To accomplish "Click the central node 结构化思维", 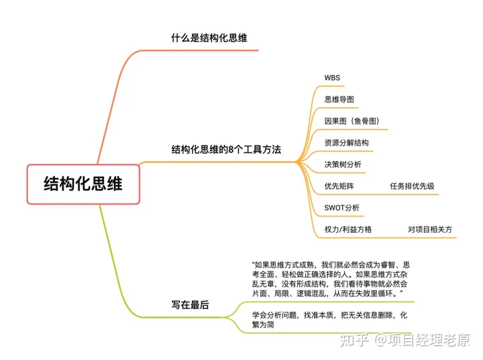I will tap(83, 183).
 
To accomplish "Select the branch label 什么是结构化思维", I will tap(209, 38).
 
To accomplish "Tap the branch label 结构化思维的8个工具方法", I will tap(225, 149).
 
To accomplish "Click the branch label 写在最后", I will tap(190, 304).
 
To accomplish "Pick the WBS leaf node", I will tap(332, 78).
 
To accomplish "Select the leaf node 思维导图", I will tap(339, 99).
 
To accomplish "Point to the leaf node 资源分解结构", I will tap(346, 142).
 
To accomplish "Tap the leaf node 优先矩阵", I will tap(339, 186).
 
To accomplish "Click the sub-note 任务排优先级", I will tap(412, 186).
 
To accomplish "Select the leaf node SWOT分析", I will tap(341, 207).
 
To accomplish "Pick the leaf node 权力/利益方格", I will tap(347, 229).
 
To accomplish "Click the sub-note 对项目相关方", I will tap(429, 229).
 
